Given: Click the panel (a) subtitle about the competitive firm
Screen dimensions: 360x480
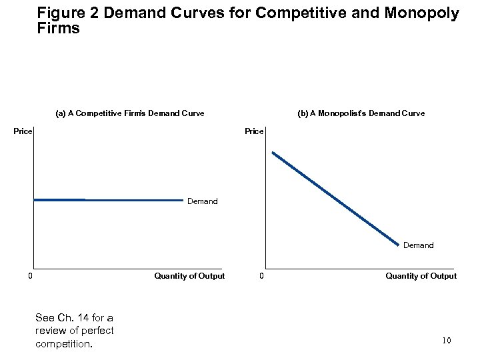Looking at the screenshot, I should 129,113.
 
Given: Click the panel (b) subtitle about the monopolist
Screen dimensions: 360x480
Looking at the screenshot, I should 361,113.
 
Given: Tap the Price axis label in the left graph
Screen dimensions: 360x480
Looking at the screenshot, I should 23,131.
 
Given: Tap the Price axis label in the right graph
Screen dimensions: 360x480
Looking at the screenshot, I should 254,131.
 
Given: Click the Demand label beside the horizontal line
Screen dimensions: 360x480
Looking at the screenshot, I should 202,201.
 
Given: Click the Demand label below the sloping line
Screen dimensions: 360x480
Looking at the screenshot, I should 418,245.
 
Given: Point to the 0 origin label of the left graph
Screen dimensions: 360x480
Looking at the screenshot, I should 30,276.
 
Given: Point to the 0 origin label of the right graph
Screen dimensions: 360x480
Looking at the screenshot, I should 262,276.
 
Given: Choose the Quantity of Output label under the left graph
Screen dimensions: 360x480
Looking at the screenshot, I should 189,276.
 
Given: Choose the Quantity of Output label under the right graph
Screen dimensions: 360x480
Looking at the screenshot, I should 421,276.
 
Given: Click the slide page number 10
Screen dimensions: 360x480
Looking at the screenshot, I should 447,341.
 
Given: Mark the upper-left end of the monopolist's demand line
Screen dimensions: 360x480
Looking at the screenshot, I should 273,153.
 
